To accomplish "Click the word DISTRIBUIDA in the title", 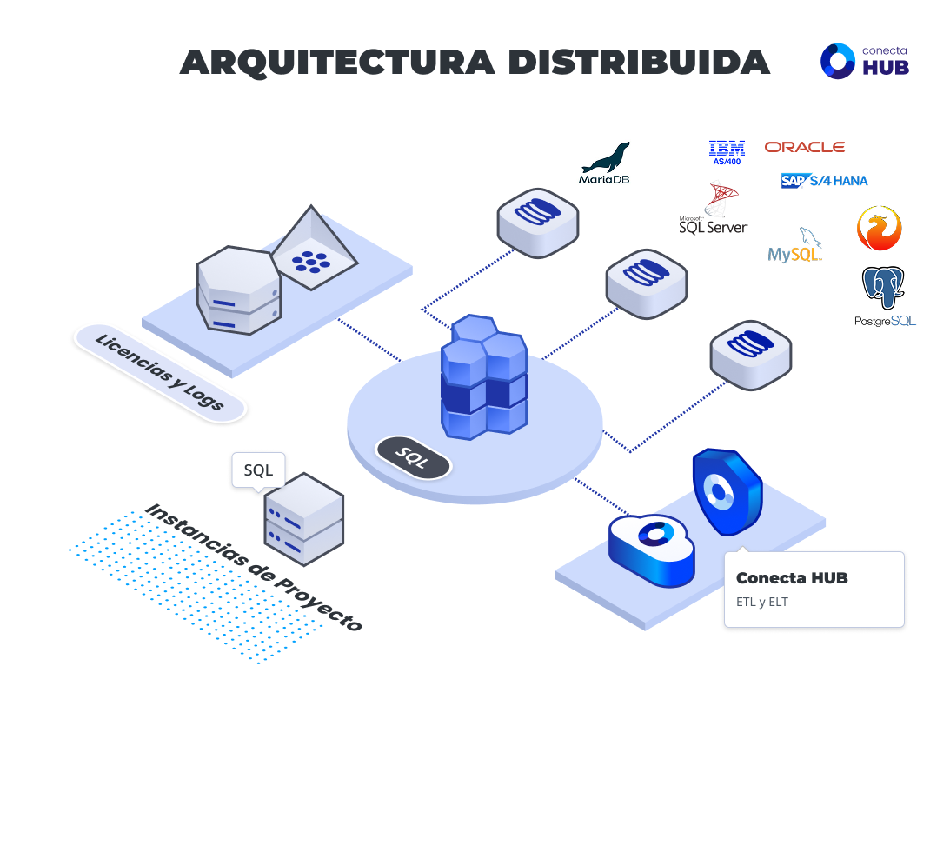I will click(639, 63).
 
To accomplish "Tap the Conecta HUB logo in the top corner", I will click(865, 61).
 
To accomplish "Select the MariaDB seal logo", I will click(605, 163).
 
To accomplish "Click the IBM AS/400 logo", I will click(727, 152).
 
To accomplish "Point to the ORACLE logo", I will click(804, 147).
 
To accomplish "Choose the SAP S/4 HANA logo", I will click(824, 181).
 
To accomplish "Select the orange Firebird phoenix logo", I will click(879, 229).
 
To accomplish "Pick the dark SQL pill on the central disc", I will click(413, 457).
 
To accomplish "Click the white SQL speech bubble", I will click(258, 470).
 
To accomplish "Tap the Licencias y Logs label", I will click(160, 373).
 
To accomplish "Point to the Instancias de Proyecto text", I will click(253, 567).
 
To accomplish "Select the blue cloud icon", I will click(652, 550).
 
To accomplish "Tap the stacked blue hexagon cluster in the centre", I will click(483, 377).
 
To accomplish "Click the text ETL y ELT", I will click(762, 602).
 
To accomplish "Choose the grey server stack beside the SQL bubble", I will click(303, 519).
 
